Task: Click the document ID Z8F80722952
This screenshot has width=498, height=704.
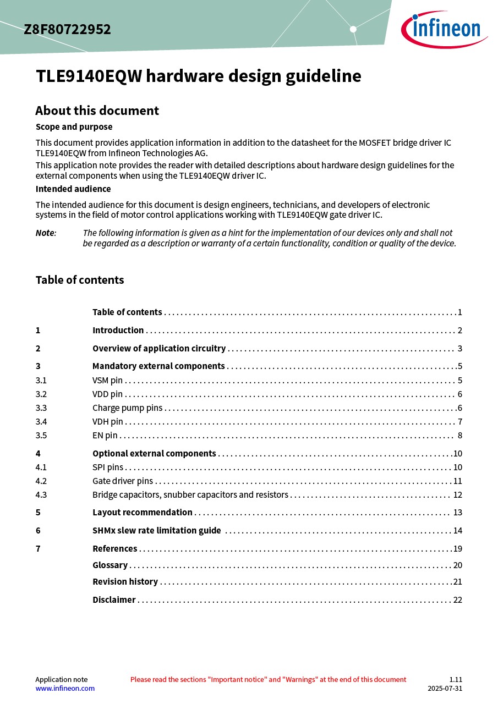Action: tap(67, 30)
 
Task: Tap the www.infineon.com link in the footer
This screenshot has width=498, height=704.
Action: tap(65, 688)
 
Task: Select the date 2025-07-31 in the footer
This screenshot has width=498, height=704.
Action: tap(445, 688)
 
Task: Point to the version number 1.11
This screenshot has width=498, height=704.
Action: tap(456, 679)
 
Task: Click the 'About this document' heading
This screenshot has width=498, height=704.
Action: tap(97, 111)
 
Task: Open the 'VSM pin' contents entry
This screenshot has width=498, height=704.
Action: tap(107, 380)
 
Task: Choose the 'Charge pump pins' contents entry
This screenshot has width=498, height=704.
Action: tap(128, 408)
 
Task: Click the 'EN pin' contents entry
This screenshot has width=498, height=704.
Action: tap(105, 435)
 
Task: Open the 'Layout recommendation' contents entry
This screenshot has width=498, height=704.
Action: tap(143, 512)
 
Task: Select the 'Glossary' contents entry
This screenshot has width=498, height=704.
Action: tap(110, 565)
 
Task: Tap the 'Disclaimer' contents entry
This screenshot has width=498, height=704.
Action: tap(114, 599)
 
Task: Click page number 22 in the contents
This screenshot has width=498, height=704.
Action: tap(457, 599)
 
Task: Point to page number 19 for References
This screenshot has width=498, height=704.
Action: tap(457, 548)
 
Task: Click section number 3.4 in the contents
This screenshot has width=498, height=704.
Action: tap(41, 421)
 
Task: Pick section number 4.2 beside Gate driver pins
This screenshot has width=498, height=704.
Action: tap(41, 481)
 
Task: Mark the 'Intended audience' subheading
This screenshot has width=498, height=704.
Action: tap(73, 189)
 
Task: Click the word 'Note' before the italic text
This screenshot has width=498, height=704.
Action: tap(45, 233)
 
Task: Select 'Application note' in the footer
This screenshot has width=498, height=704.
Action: tap(61, 679)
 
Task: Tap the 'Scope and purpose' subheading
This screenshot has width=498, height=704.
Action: tap(74, 127)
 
